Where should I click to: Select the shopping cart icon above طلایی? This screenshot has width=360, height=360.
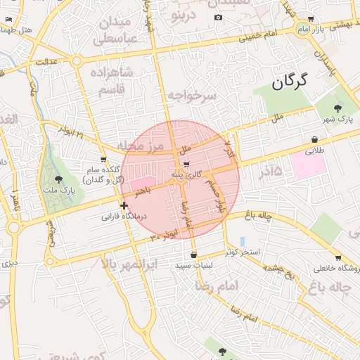[x=313, y=139]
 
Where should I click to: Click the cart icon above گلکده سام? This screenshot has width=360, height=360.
[x=103, y=160]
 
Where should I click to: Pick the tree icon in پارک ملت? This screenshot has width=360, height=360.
[x=58, y=180]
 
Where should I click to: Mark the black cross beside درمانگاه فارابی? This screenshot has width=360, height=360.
[x=124, y=206]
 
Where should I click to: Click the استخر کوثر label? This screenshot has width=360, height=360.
[x=243, y=251]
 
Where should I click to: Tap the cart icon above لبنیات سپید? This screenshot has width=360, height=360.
[x=193, y=255]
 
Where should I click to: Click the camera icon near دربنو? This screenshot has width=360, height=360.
[x=218, y=17]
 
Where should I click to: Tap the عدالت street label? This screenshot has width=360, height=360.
[x=45, y=62]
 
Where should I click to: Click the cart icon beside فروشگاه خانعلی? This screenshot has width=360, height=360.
[x=338, y=258]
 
